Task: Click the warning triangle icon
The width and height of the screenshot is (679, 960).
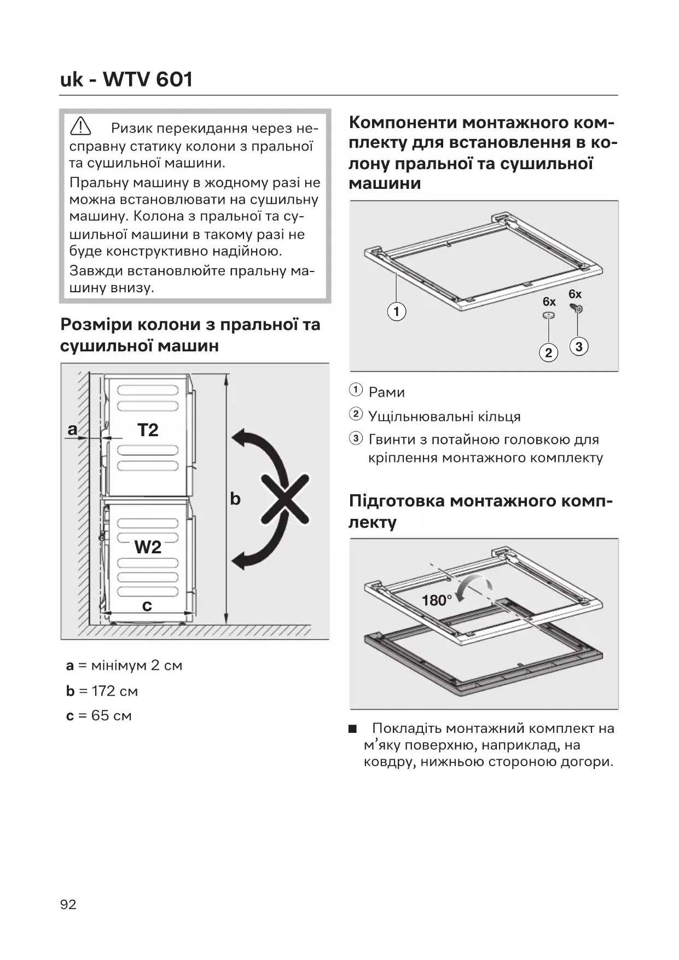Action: (x=80, y=127)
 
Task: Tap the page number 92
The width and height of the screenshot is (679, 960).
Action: (x=68, y=904)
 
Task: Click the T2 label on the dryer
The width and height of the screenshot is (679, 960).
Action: (x=148, y=430)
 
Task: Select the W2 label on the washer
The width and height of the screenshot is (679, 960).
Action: (x=148, y=547)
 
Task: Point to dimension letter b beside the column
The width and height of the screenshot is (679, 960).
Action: (x=235, y=499)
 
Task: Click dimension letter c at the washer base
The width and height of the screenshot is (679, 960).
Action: (x=147, y=605)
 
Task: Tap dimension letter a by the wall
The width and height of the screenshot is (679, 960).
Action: (x=72, y=430)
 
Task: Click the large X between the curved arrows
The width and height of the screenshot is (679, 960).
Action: (x=285, y=499)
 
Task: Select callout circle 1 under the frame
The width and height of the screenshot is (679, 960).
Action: (x=397, y=312)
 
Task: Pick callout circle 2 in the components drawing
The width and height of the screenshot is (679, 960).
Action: (x=549, y=352)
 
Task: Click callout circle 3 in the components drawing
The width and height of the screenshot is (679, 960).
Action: (x=579, y=346)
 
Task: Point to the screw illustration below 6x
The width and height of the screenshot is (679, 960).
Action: (x=577, y=309)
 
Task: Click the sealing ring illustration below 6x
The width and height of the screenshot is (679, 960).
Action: (x=549, y=316)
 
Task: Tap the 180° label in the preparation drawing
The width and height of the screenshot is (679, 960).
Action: (x=436, y=600)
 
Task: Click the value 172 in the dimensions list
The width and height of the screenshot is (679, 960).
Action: (x=103, y=691)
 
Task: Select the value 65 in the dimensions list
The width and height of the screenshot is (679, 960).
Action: (x=100, y=715)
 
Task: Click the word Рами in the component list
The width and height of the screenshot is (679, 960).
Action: (x=387, y=392)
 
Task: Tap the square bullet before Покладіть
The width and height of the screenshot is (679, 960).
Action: (x=353, y=729)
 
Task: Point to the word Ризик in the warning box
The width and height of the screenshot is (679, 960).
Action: (x=132, y=129)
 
